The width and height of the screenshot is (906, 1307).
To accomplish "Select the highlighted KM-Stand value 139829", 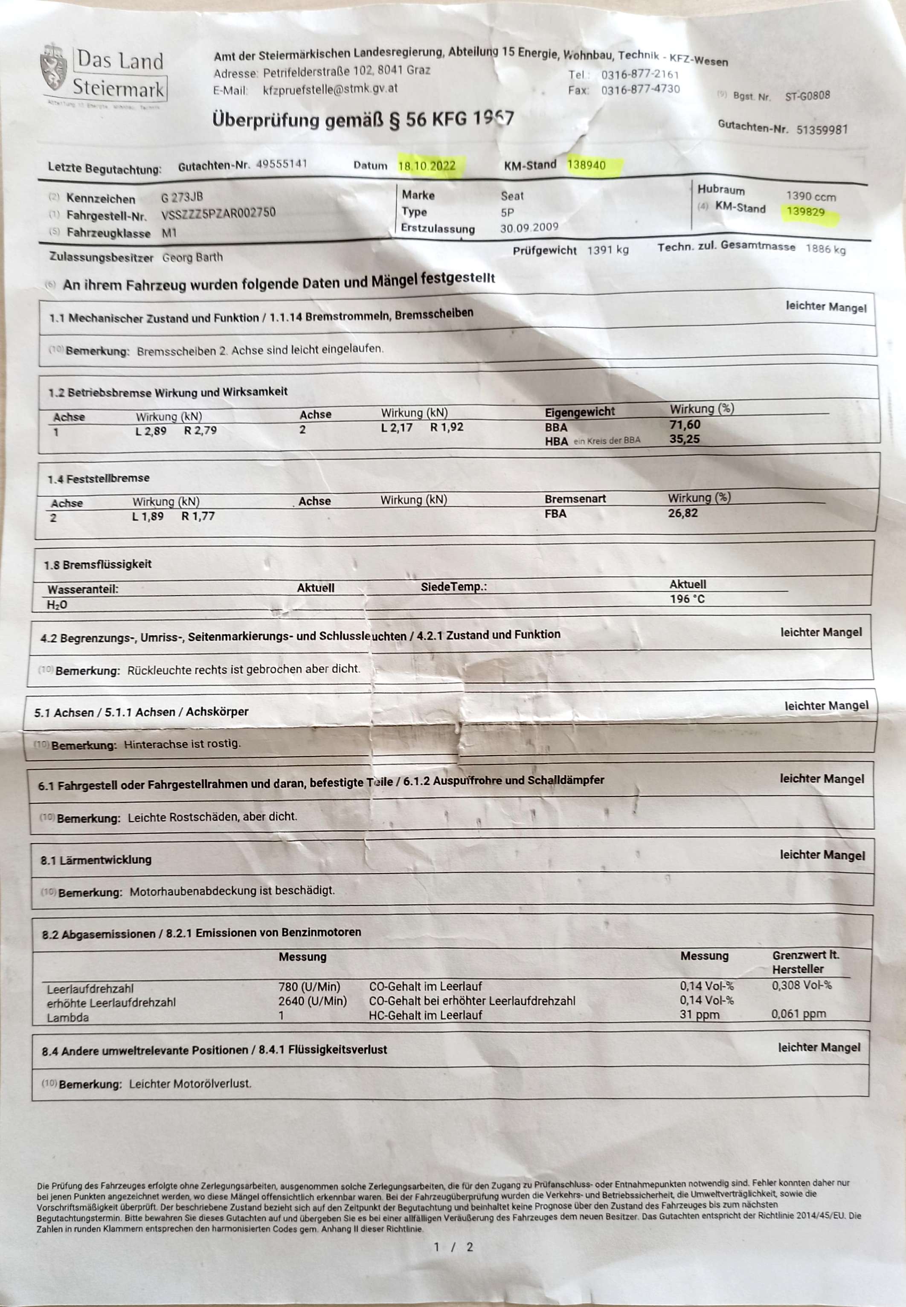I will tap(805, 212).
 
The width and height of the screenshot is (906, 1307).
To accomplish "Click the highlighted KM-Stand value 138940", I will tap(587, 165).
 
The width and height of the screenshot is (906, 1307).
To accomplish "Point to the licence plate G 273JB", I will tap(182, 198).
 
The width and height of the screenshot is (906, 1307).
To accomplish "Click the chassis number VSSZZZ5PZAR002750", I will tap(218, 214).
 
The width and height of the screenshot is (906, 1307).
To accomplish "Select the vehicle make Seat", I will tap(512, 196).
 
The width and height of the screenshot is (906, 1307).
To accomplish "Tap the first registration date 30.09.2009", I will tap(529, 228).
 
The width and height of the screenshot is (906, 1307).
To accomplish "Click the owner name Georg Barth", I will tap(192, 258).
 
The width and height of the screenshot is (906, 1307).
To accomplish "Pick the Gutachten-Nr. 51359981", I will tap(822, 129).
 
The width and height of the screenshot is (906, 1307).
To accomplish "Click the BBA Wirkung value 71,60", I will tap(685, 424).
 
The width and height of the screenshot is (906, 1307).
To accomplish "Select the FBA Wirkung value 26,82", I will tap(682, 513).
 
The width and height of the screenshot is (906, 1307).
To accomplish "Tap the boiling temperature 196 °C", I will tap(687, 599).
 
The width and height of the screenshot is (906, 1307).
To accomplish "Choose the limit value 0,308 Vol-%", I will tap(801, 985).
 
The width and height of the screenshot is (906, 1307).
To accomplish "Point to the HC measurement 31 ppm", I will tap(700, 1015).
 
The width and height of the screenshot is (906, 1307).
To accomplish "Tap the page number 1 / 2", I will tap(453, 1247).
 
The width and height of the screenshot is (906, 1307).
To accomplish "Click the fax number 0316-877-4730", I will tap(640, 90).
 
